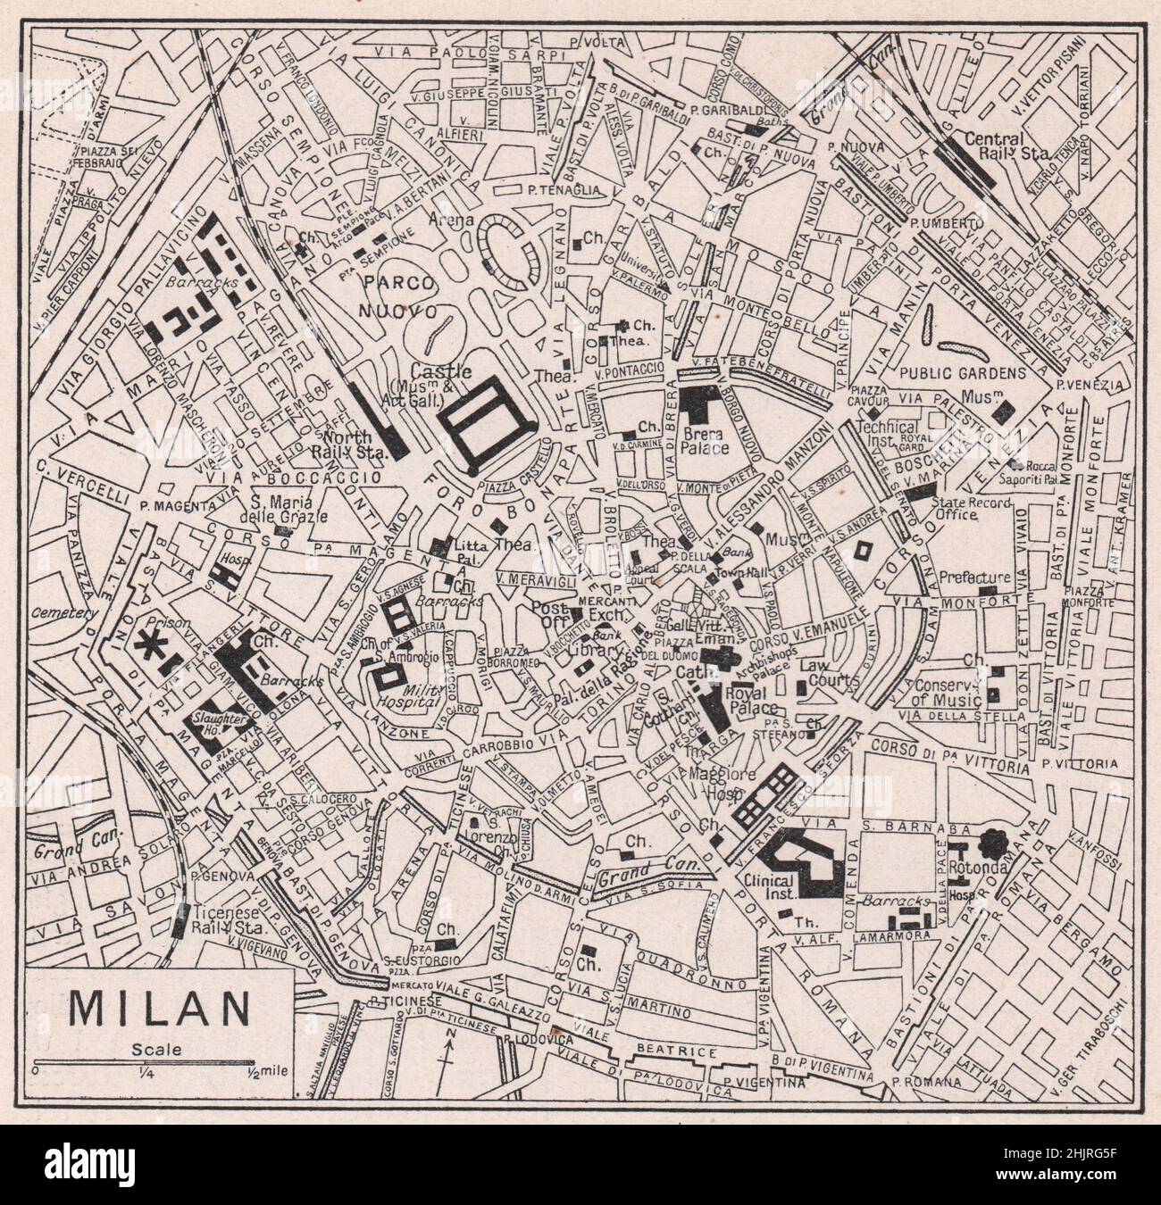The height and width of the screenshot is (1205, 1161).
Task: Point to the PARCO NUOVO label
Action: tap(398, 296)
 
